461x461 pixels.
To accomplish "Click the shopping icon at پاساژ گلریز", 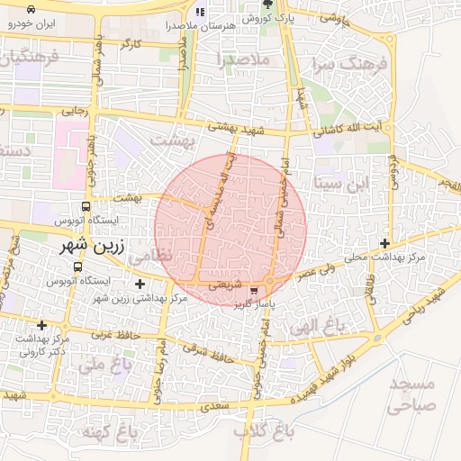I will click(x=255, y=291).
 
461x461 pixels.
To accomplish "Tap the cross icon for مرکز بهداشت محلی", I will click(x=385, y=243).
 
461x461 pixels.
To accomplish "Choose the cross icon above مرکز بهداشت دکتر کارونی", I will click(x=41, y=325).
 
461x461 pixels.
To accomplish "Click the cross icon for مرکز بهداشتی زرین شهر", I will click(x=139, y=285).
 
